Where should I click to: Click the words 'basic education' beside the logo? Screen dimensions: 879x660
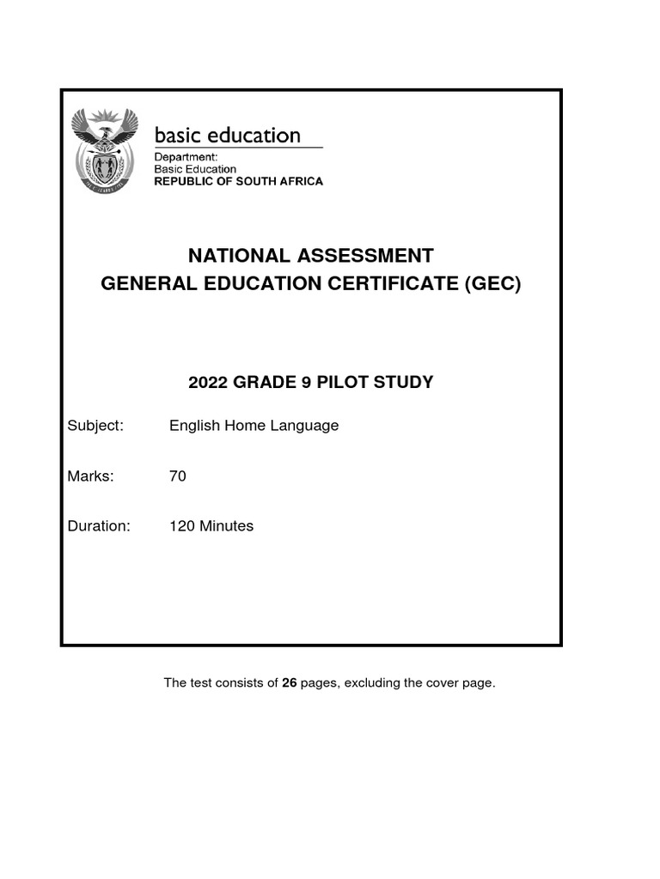[227, 136]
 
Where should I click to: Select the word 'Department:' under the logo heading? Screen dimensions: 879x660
[186, 157]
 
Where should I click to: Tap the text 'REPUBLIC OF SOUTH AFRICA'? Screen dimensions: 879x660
[238, 181]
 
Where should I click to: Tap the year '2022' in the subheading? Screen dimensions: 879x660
[208, 382]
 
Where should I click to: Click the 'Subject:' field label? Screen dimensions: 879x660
[95, 426]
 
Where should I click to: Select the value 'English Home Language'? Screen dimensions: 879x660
[254, 426]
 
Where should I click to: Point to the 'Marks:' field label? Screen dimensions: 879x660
[90, 476]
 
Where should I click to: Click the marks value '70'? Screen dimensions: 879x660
[177, 476]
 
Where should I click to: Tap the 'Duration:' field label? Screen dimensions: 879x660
[99, 526]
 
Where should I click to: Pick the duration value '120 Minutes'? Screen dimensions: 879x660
[211, 526]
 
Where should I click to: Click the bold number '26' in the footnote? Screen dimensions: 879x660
[290, 683]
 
